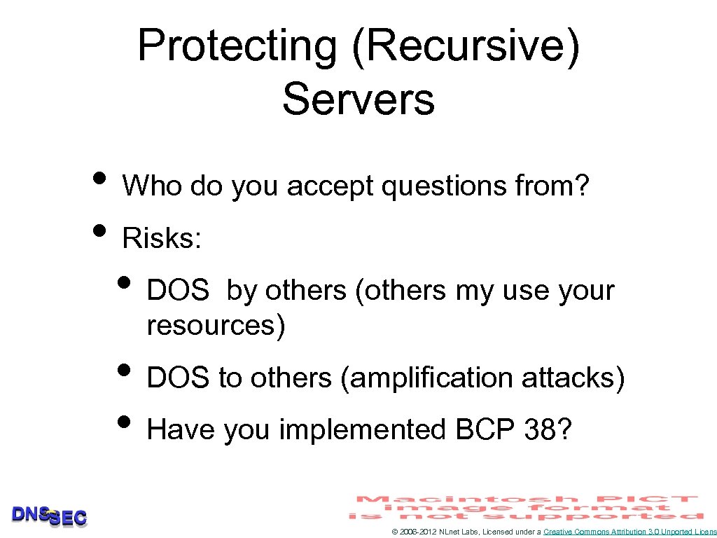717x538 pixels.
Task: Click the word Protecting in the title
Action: pyautogui.click(x=237, y=47)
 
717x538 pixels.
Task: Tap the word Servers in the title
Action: pyautogui.click(x=358, y=99)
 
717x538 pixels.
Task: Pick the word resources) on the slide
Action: pyautogui.click(x=216, y=326)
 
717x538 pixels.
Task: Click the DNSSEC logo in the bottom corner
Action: pyautogui.click(x=49, y=516)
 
